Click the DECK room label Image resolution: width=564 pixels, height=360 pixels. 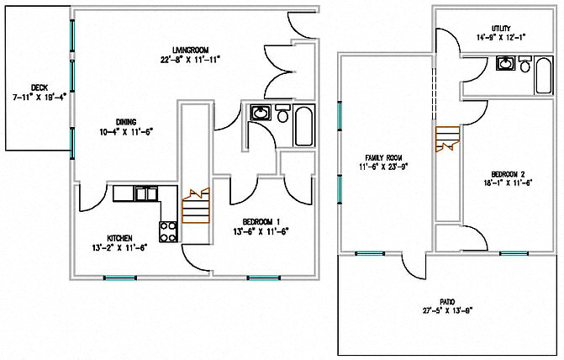pyautogui.click(x=39, y=87)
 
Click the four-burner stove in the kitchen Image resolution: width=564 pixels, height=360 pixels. pyautogui.click(x=168, y=229)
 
